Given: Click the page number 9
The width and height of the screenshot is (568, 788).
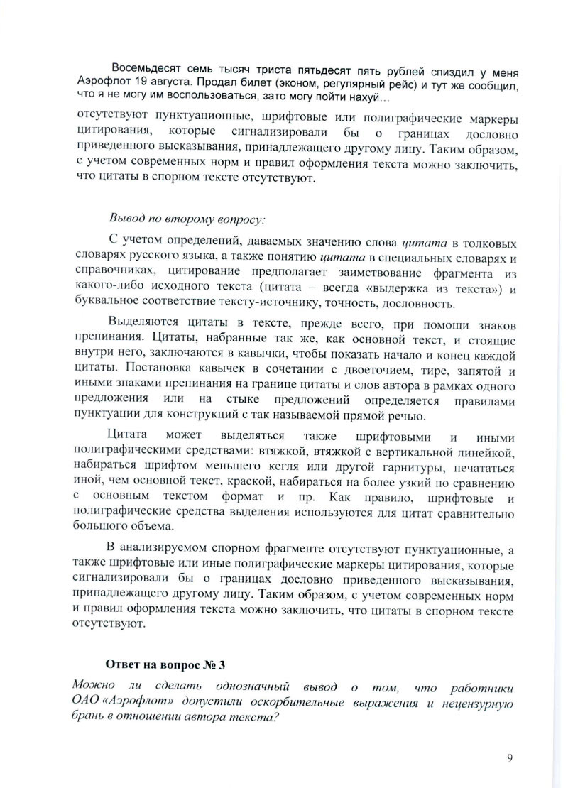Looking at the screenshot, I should coord(510,757).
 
